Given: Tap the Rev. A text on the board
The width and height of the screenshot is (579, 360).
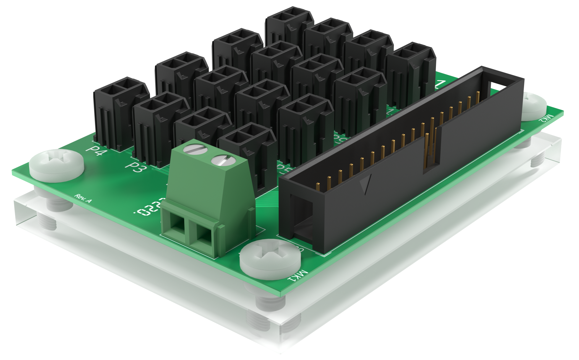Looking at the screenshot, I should (x=83, y=198).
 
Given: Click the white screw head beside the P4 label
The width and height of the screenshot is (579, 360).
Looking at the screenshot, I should (x=57, y=165).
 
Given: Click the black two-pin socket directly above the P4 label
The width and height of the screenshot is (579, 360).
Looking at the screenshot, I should (x=118, y=112).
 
